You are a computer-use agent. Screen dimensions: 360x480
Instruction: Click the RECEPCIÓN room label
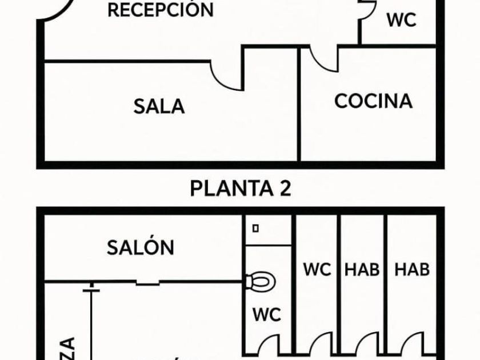coord(161,10)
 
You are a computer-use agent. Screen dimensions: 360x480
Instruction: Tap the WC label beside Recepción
coord(401,20)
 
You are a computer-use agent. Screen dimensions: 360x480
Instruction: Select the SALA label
coord(159,106)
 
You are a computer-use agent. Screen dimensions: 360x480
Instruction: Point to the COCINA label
coord(373,101)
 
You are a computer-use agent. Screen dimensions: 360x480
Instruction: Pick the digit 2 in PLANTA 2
coord(284,188)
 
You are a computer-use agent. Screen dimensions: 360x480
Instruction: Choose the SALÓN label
coord(141,247)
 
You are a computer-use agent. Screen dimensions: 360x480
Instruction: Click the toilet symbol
coord(260,281)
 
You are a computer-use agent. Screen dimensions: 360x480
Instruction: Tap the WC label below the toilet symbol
coord(267,314)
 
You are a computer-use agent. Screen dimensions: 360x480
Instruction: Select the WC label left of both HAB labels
coord(317,269)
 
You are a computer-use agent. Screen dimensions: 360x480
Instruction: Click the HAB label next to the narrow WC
coord(362,269)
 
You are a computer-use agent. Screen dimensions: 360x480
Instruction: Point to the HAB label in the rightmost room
coord(412,269)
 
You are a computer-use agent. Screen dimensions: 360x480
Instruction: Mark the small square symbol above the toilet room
coord(255,227)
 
